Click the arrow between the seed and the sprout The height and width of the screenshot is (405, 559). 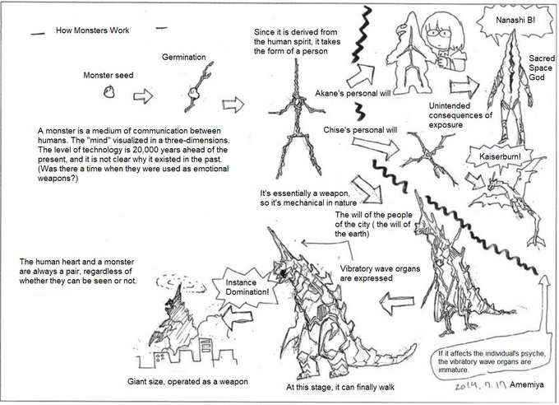[143, 96]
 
